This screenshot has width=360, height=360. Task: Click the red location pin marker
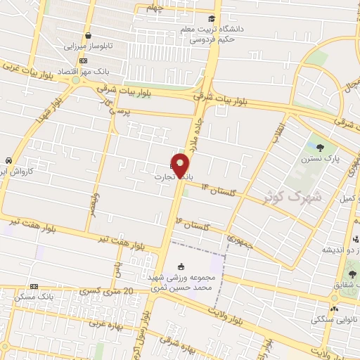click(x=181, y=165)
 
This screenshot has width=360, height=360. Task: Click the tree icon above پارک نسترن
click(x=321, y=148)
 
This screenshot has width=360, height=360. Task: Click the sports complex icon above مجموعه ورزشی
click(x=181, y=266)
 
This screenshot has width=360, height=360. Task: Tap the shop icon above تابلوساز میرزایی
click(x=88, y=35)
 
